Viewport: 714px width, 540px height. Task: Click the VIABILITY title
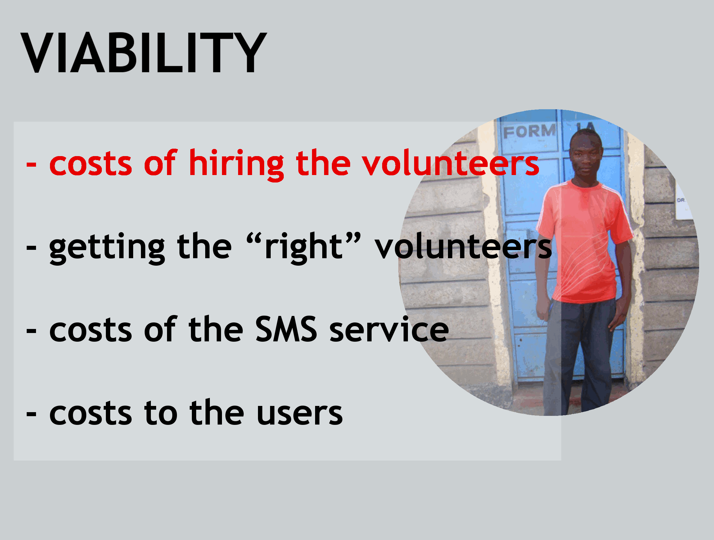pos(144,53)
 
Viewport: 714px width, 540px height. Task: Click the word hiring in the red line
pos(237,165)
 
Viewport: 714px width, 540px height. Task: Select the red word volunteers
pos(450,163)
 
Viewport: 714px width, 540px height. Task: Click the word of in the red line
pos(160,163)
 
